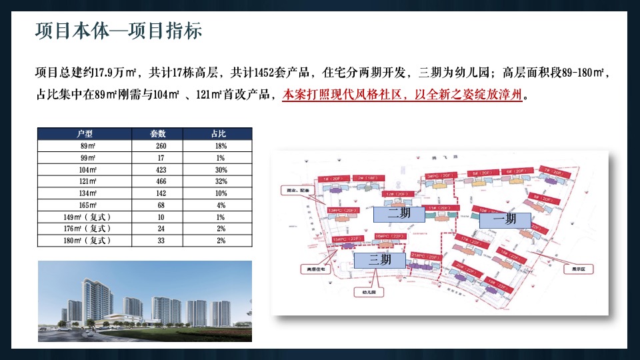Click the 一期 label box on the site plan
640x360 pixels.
[x=504, y=219]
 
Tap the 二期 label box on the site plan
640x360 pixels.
[x=399, y=213]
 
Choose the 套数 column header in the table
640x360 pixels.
[x=160, y=134]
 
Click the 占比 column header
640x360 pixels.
[x=221, y=134]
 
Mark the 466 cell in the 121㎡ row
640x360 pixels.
[x=160, y=181]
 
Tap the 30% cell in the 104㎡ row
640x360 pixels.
[x=221, y=169]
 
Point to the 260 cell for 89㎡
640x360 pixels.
[x=160, y=145]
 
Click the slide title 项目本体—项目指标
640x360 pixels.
[x=118, y=32]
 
